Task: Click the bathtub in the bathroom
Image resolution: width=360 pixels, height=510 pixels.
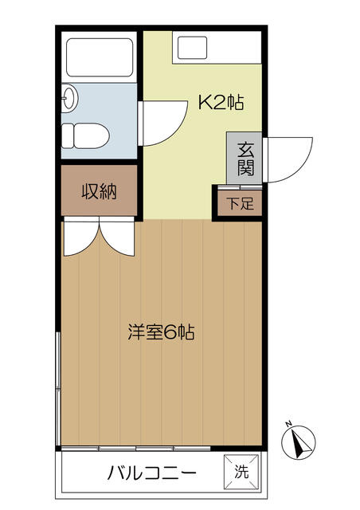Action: click(x=100, y=57)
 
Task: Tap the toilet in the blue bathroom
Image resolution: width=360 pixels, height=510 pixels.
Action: click(x=85, y=135)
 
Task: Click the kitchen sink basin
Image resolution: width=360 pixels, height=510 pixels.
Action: click(x=192, y=48)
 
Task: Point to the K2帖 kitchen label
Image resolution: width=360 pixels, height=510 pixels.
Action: click(x=221, y=103)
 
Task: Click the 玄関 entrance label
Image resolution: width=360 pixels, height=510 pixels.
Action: click(x=245, y=159)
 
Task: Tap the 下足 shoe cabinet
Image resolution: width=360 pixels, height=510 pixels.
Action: click(x=240, y=203)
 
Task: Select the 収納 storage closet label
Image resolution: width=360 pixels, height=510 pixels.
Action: click(x=99, y=191)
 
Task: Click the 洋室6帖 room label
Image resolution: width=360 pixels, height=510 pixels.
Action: click(x=162, y=332)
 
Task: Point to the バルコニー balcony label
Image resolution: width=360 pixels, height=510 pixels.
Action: click(x=152, y=473)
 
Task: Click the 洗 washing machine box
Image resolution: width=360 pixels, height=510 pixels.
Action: click(x=241, y=471)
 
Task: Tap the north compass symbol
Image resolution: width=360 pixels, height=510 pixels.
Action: click(x=299, y=442)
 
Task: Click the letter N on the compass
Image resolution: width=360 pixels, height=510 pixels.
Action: click(x=288, y=423)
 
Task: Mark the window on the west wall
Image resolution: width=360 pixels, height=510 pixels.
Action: click(x=57, y=389)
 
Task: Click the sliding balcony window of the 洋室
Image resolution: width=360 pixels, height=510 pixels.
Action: click(x=136, y=449)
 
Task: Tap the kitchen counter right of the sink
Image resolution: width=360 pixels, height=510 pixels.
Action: click(x=235, y=48)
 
